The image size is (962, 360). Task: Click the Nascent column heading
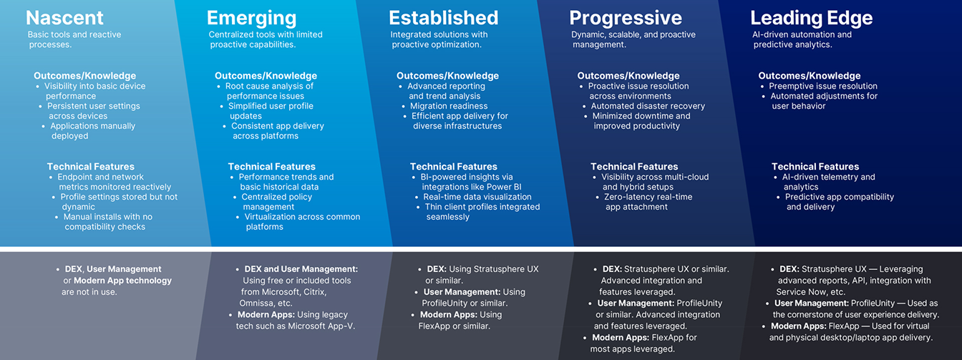coord(65,18)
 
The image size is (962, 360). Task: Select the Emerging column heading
coord(251,18)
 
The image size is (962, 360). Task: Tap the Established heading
coord(443,18)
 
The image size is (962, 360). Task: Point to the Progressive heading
coord(625,18)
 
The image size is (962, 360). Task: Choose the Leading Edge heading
coord(811,18)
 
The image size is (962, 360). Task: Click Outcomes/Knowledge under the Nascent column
coord(84,76)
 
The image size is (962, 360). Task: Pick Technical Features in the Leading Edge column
coord(815,167)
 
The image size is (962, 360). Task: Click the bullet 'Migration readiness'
coord(449,106)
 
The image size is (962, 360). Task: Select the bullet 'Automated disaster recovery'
coord(648,106)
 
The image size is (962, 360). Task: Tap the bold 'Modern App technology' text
coord(122,281)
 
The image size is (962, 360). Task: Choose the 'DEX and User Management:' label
coord(301,269)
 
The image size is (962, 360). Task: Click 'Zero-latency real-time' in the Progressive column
coord(648,197)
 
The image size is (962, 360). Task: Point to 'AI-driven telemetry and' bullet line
coord(829,177)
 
